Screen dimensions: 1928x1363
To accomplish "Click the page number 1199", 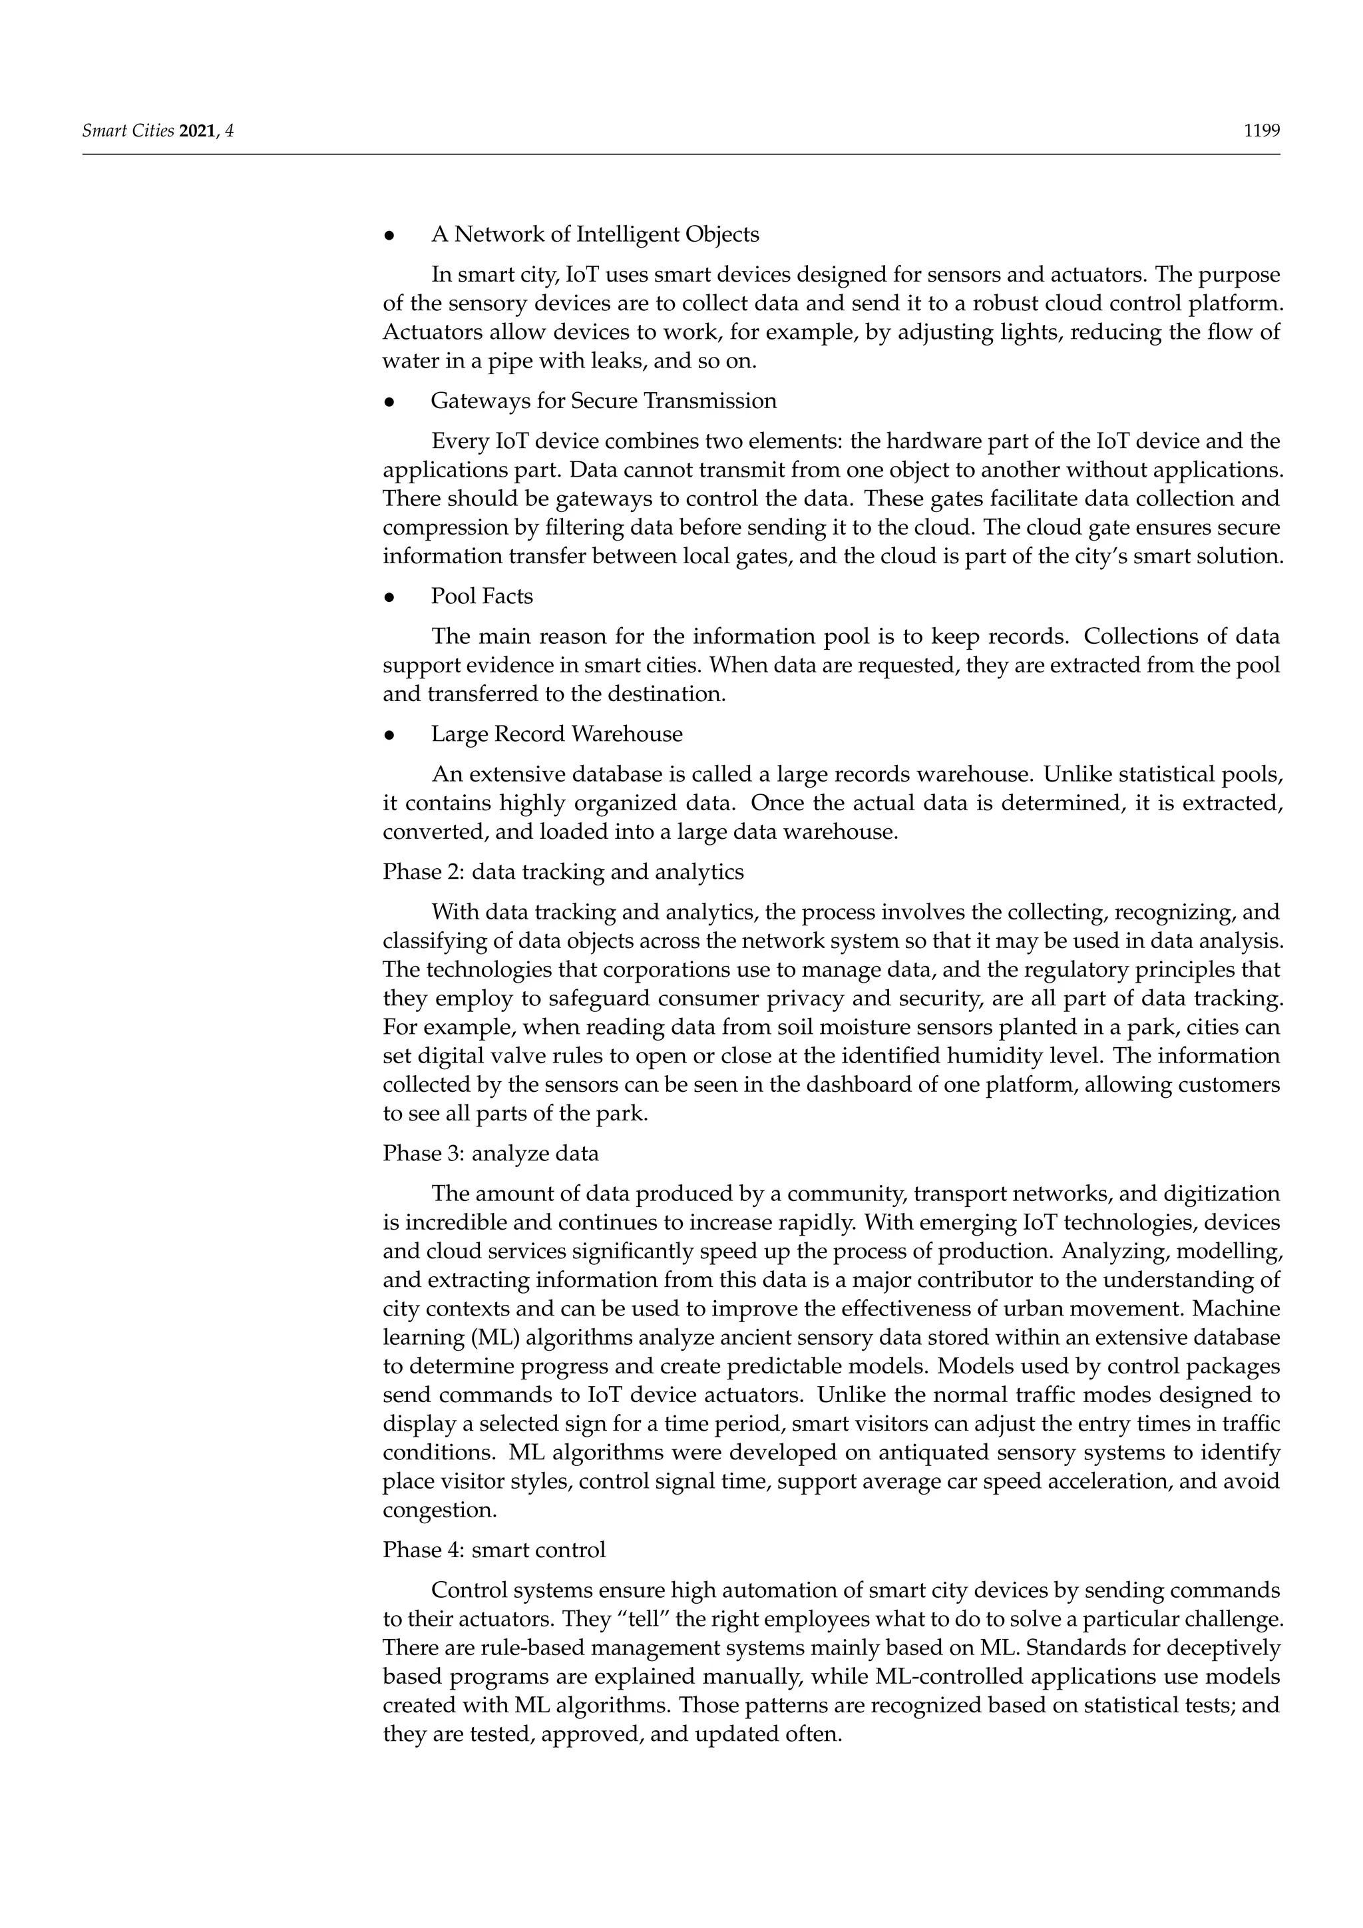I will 1261,131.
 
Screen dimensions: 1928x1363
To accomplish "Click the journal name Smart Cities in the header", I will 128,131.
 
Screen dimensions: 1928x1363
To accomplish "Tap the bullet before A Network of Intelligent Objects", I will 389,236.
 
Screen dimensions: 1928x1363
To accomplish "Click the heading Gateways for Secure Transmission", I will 604,401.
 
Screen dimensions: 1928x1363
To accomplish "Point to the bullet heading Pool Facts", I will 482,597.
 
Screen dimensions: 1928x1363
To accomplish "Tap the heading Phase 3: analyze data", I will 491,1154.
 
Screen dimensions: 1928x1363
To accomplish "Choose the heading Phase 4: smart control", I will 494,1550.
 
